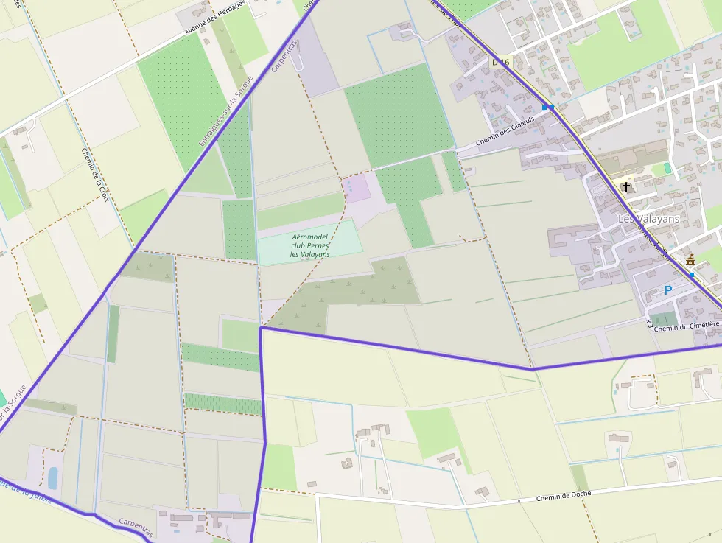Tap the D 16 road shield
500,63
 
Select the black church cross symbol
626,187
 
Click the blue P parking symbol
668,290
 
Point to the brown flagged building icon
690,259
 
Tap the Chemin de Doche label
564,497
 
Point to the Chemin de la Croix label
95,175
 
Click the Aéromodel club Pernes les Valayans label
310,245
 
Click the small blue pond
52,478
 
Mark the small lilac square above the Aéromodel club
357,189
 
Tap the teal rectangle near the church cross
667,169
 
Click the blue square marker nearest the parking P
692,275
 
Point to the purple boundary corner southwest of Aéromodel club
261,328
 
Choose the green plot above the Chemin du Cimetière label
664,319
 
